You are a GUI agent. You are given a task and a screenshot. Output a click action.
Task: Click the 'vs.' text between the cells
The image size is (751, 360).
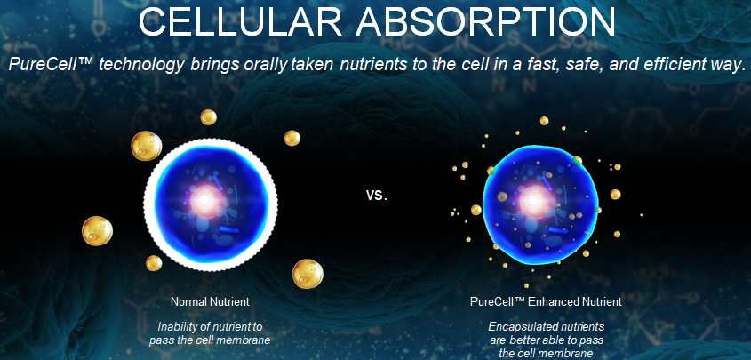[x=377, y=195]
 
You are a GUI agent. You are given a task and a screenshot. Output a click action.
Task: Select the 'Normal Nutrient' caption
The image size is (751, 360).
[x=210, y=301]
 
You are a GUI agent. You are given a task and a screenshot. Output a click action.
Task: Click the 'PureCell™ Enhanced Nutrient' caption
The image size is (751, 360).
[x=546, y=301]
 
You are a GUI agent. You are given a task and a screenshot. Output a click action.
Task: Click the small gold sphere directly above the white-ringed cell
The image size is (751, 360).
[x=208, y=116]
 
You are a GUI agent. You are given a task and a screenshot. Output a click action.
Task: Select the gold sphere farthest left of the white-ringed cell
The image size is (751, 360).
[x=97, y=230]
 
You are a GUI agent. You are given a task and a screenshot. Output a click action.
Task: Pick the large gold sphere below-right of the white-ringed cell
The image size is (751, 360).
[x=307, y=273]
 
